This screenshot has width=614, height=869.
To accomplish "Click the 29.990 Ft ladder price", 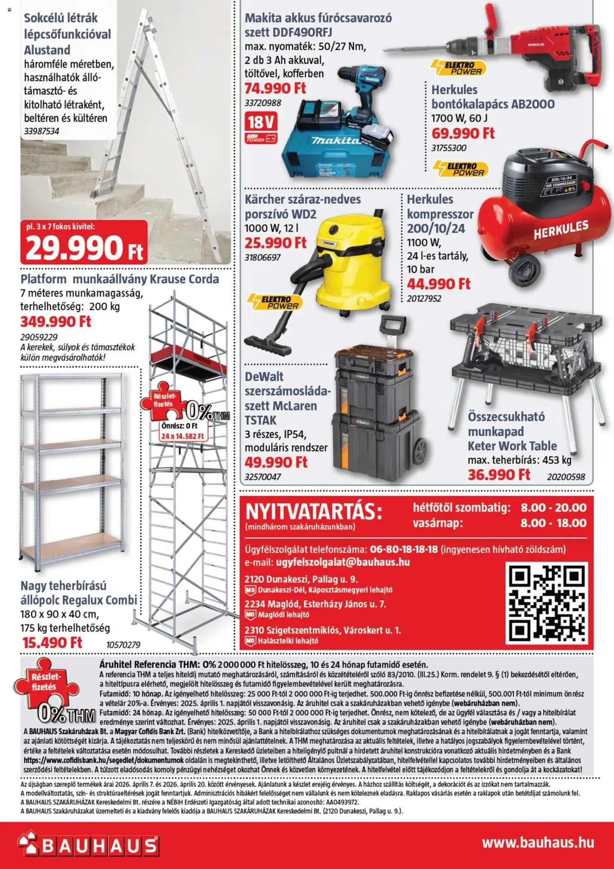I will coord(84,247).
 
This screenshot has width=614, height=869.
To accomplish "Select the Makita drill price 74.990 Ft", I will coord(275,88).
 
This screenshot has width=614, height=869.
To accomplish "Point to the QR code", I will coord(546,604).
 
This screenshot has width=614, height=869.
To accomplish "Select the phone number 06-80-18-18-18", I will coord(404,549).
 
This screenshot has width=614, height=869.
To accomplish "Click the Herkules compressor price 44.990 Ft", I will coord(439,284).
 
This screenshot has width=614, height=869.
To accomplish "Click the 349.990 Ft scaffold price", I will coord(56,321).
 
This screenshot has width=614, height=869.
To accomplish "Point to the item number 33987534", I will coord(42,131).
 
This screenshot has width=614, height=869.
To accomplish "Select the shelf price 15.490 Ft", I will coord(52,642).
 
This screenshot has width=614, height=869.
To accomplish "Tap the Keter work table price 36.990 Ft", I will coord(499,474).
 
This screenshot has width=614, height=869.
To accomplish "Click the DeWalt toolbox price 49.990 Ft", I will coord(276,462).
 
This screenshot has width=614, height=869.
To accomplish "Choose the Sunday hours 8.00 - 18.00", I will coord(553,523).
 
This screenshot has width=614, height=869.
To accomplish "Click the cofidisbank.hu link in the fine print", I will coord(103,760).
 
